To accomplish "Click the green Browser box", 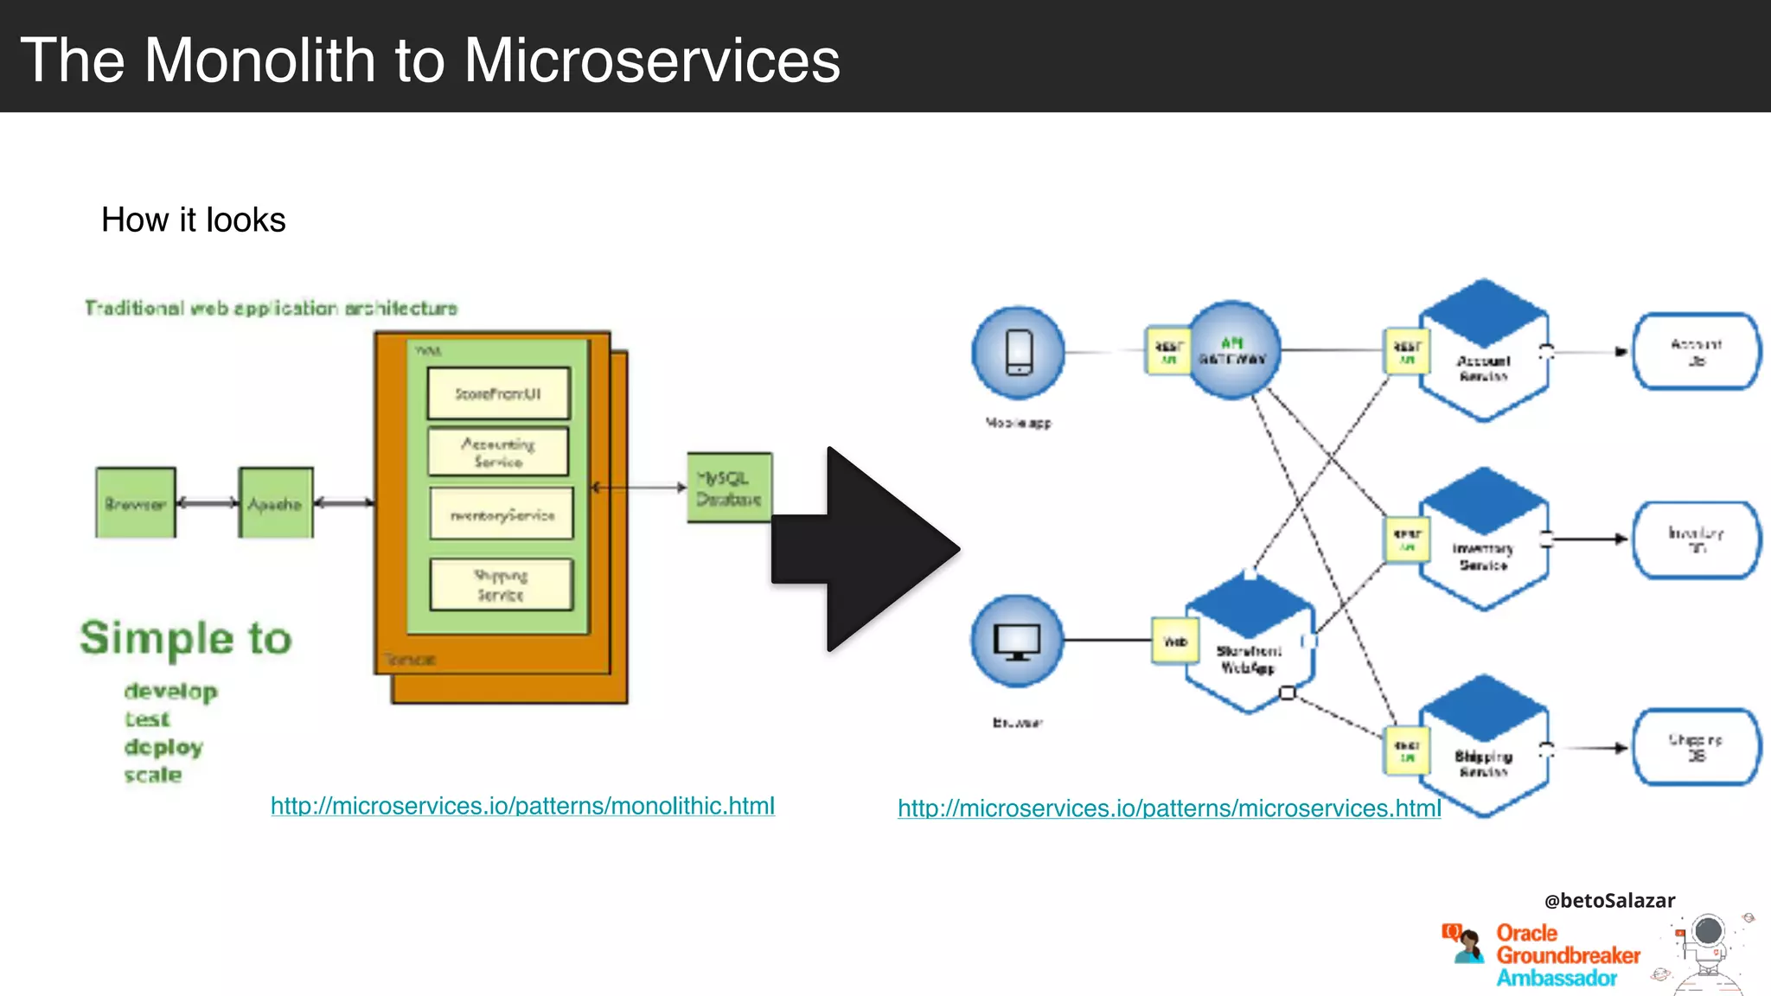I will click(136, 502).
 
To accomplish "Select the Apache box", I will click(276, 502).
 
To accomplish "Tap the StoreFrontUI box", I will click(498, 393).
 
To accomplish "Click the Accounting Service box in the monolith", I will click(498, 451).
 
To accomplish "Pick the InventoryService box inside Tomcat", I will click(502, 514).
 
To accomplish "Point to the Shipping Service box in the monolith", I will click(501, 584).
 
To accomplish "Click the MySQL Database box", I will click(729, 488).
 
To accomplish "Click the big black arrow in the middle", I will click(865, 549).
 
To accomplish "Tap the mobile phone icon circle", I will click(1019, 353).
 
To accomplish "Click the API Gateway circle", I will click(1232, 350).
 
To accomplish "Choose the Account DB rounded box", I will click(1696, 352).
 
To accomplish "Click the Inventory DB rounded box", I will click(1696, 539).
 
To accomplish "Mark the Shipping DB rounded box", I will click(1696, 747).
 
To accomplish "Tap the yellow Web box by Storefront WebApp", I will click(1175, 641).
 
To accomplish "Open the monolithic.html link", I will click(522, 806).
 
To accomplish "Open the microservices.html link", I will click(1169, 808).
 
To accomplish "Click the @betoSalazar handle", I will click(1609, 900).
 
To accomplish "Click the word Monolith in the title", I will click(259, 61).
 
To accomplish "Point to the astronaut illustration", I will click(1708, 951).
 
